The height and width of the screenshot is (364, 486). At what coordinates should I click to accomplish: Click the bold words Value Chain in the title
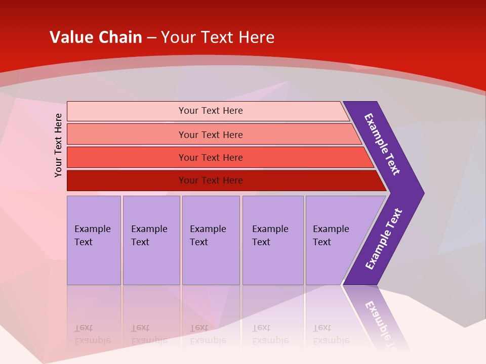click(96, 37)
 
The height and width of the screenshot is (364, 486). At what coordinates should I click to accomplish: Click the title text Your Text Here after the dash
click(218, 37)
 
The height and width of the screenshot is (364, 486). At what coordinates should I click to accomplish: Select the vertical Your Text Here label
click(58, 145)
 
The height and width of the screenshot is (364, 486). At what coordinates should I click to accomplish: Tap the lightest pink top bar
click(127, 111)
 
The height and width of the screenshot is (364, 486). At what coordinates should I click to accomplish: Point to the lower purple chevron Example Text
click(383, 239)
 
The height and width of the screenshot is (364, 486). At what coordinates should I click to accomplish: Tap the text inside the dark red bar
click(211, 180)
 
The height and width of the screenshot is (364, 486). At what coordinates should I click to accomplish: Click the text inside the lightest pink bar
click(211, 111)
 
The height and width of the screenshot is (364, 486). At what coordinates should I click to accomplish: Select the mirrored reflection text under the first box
click(92, 334)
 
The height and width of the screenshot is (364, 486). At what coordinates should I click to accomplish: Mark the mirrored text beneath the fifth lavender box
click(331, 334)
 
